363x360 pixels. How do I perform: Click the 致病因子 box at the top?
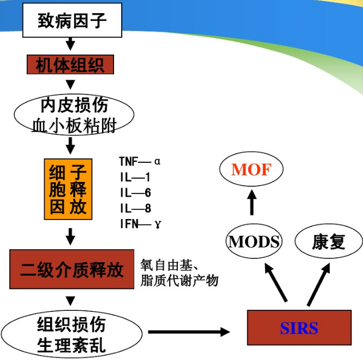[x=72, y=21]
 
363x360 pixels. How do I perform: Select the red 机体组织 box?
[x=70, y=65]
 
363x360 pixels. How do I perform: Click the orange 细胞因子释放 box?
[x=68, y=190]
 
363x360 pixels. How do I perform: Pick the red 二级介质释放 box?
[x=72, y=269]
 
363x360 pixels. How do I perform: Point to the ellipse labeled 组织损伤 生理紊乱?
[x=72, y=334]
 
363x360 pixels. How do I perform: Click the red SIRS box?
[x=299, y=328]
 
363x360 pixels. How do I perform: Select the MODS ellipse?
[x=254, y=241]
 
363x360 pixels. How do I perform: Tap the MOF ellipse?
[x=251, y=170]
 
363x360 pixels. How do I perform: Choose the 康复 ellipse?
[x=329, y=241]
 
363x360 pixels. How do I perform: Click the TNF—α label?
[x=140, y=162]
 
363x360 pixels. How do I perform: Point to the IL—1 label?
[x=135, y=178]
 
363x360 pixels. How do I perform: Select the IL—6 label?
[x=135, y=193]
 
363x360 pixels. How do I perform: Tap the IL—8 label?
[x=135, y=208]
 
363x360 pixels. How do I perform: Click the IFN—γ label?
[x=140, y=224]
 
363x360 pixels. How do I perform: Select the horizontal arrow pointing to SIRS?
[x=189, y=332]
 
